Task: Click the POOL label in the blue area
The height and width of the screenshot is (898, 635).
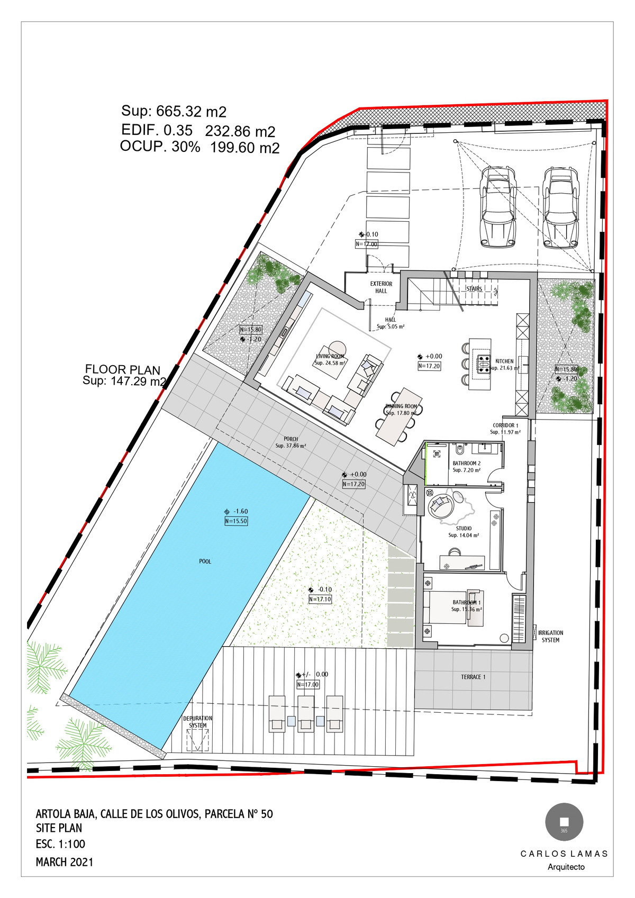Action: click(205, 561)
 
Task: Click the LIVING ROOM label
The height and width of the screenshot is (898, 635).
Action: click(330, 360)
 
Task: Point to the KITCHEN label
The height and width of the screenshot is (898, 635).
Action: click(504, 361)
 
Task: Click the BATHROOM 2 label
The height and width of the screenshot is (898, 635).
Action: click(466, 464)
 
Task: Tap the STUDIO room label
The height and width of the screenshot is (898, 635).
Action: click(464, 529)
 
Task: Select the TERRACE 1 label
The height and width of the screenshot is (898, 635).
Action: click(473, 677)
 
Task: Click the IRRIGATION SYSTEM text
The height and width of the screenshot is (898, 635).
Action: click(550, 636)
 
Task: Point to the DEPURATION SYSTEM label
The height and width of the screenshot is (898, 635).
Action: click(198, 722)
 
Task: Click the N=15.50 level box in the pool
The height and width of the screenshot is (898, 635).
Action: click(236, 521)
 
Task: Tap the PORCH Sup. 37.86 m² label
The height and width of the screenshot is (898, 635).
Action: click(291, 442)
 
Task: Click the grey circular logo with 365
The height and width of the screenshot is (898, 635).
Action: click(564, 822)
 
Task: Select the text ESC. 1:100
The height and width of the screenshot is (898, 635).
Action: click(60, 844)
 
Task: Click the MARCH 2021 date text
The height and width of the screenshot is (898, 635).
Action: click(65, 862)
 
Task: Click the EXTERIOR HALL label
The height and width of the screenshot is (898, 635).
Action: click(381, 287)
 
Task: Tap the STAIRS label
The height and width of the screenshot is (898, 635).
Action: click(474, 288)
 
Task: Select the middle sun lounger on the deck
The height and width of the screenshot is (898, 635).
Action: click(306, 714)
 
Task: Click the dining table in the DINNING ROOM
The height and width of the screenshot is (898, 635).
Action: click(399, 416)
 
